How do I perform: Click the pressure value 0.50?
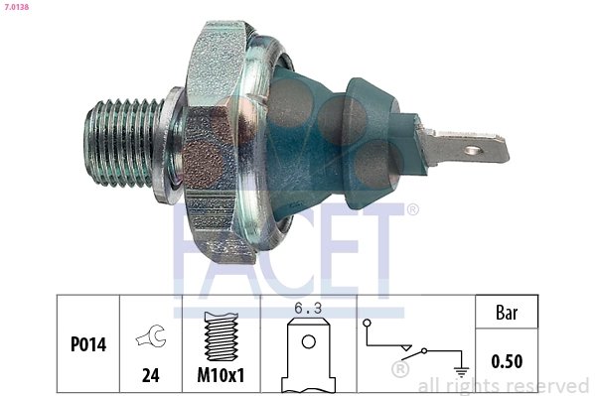pyautogui.click(x=508, y=362)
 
